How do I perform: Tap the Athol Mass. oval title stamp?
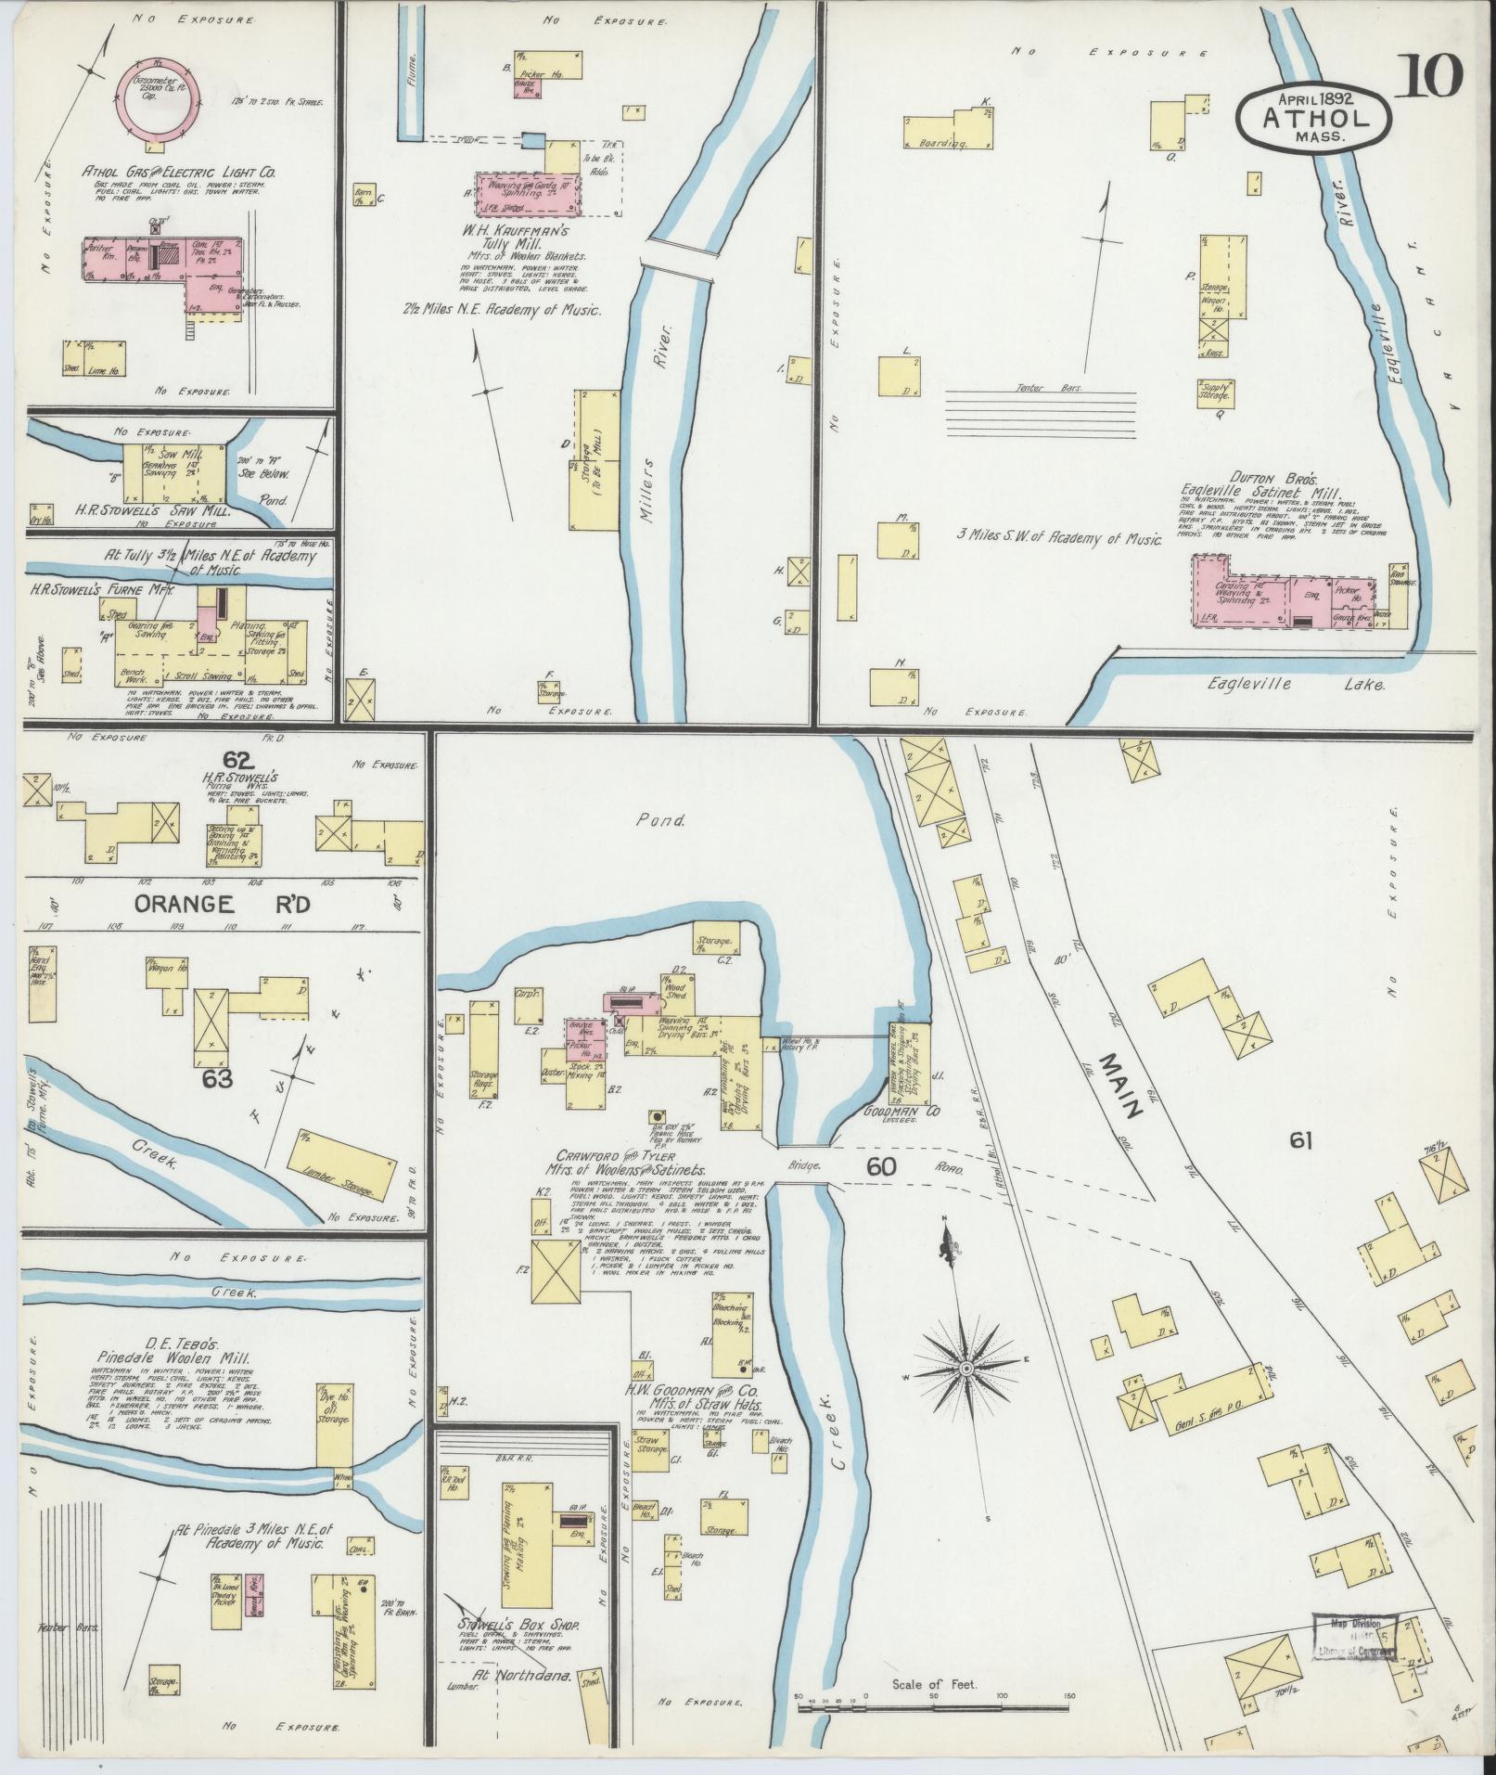[1314, 116]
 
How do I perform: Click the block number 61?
[1300, 1140]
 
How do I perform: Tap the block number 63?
[221, 1079]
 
